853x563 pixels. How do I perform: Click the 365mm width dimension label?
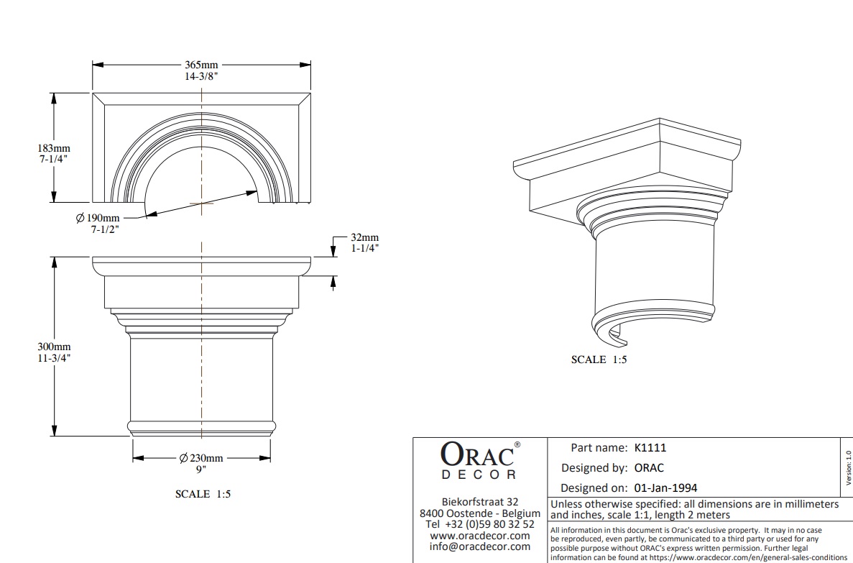click(x=201, y=65)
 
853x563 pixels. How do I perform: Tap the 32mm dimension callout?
click(x=365, y=238)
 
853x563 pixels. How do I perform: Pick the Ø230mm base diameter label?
click(x=201, y=458)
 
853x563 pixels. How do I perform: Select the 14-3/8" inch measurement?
click(x=201, y=75)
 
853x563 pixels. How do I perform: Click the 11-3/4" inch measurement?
click(x=54, y=357)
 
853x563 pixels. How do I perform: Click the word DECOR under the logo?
click(x=478, y=475)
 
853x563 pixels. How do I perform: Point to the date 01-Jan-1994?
click(x=665, y=488)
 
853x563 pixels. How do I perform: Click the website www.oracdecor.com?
click(x=480, y=535)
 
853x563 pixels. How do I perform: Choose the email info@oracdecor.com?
click(x=480, y=546)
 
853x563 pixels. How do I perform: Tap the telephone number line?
click(x=480, y=523)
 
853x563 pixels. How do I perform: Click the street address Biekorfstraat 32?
click(x=480, y=501)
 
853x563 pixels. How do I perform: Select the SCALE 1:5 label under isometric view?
click(x=599, y=360)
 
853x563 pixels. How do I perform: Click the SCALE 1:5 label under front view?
click(x=203, y=494)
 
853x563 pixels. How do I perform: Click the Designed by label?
click(x=594, y=467)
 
